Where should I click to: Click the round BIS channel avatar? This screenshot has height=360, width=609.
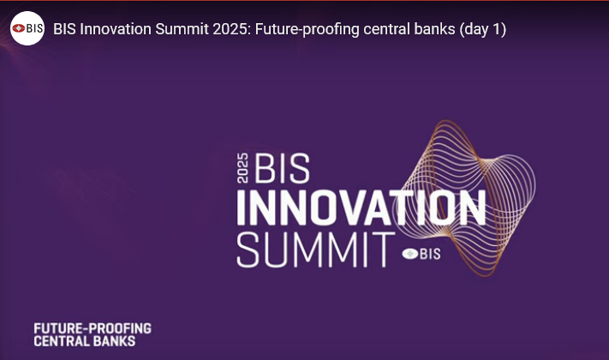[27, 28]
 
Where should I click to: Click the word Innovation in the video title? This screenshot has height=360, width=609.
[116, 29]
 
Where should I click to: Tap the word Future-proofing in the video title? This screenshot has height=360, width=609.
[307, 29]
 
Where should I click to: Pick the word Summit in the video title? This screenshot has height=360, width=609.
[182, 29]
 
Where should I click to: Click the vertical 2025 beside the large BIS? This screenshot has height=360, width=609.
[242, 168]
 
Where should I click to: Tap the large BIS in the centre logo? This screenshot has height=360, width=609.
[282, 168]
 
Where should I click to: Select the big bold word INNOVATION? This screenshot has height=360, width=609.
[361, 208]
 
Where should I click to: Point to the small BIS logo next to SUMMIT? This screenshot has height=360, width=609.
[421, 254]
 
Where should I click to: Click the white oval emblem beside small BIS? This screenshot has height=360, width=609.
[409, 254]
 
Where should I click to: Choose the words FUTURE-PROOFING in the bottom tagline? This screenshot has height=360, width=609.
[93, 328]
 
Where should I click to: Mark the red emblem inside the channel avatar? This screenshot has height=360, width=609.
[19, 28]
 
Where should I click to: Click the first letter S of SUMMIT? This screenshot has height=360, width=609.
[248, 249]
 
